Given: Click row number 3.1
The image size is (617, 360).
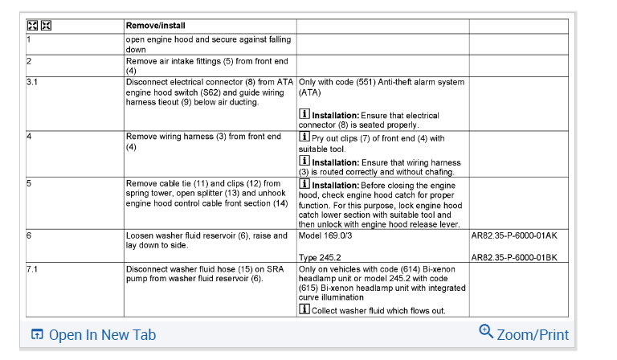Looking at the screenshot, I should (33, 82).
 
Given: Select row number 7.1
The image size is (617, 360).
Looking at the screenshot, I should (33, 268).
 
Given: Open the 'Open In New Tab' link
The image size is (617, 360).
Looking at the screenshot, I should (102, 335).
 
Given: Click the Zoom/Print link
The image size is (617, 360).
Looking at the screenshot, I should (532, 335).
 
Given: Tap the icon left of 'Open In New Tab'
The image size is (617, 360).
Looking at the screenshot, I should (37, 335).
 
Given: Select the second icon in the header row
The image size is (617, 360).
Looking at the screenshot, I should (45, 26).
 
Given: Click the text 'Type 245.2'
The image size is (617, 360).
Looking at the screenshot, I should (320, 257).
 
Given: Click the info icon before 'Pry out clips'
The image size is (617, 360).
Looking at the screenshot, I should (304, 137).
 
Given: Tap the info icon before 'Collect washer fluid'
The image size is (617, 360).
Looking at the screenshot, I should (304, 309).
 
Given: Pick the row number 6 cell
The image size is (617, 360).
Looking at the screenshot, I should (29, 236).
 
